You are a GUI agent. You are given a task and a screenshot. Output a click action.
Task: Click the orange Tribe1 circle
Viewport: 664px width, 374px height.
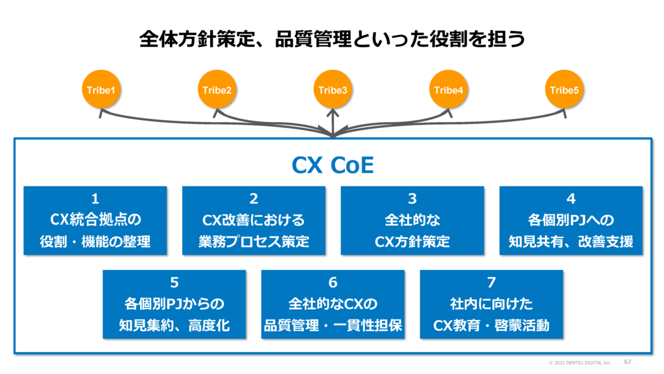[101, 90]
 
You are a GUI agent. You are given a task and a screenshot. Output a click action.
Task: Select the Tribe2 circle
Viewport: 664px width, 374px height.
[217, 90]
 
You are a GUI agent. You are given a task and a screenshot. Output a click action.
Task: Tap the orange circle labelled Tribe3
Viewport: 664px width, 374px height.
[333, 90]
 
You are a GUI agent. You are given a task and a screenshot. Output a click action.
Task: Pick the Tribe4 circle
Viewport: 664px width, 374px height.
[449, 90]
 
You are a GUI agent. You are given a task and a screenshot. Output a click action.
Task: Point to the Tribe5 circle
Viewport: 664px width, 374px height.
[564, 90]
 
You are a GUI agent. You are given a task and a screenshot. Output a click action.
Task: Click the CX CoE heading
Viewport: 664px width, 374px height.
[333, 165]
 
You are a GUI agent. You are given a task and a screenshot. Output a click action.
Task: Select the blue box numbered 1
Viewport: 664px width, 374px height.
[95, 221]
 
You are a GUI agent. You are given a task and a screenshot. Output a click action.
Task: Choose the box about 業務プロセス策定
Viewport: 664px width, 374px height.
[254, 221]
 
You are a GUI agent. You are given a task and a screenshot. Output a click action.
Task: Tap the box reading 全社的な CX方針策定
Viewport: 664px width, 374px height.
[412, 221]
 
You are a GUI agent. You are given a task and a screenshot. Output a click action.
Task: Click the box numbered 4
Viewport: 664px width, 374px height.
[571, 221]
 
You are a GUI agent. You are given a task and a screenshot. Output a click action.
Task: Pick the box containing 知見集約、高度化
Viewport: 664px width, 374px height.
[174, 305]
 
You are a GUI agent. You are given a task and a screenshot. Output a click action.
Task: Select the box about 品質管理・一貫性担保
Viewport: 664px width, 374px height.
[333, 305]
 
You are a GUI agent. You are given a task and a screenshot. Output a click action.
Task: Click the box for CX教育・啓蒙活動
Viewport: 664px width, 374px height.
[492, 305]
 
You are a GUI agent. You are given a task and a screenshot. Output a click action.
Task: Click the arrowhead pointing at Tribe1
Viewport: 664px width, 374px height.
[102, 113]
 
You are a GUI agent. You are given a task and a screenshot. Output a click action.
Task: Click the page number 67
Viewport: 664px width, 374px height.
[628, 362]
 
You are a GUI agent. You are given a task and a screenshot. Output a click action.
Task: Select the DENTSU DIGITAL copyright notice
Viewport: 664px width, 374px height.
[580, 363]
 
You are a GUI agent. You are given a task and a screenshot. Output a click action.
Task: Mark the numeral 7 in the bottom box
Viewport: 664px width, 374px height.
[492, 282]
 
